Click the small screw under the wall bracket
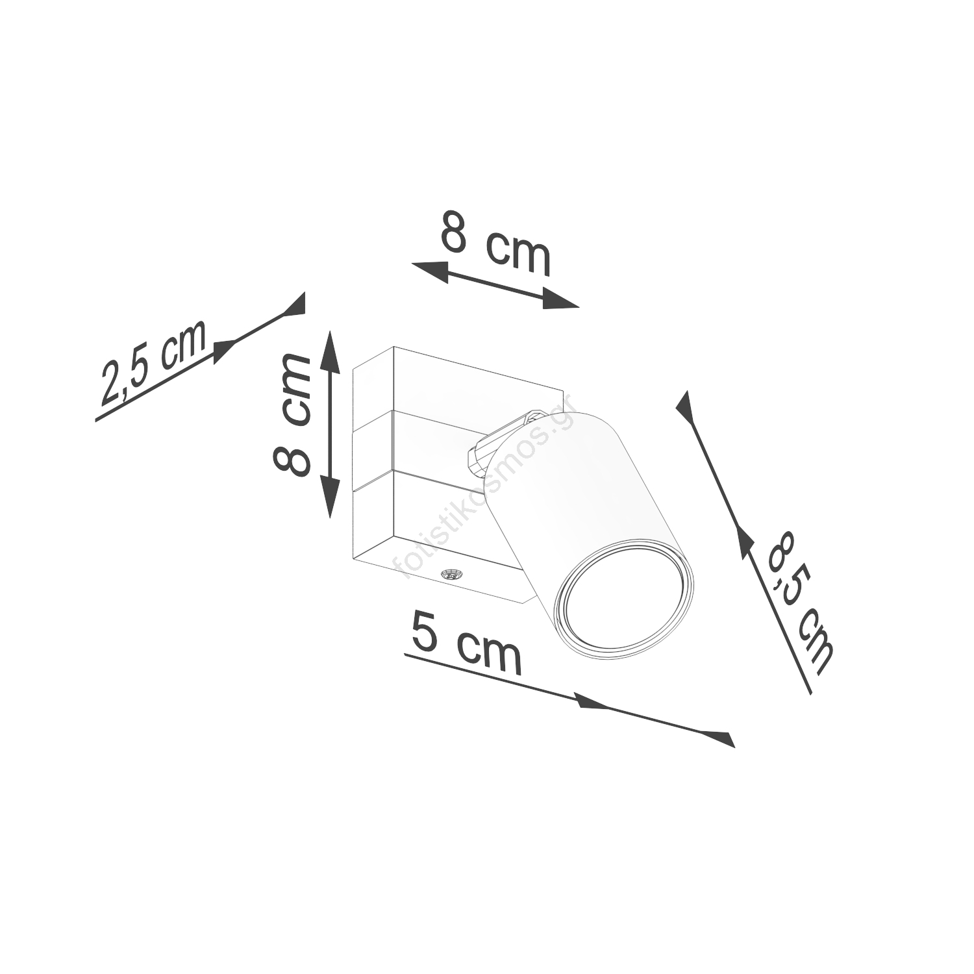[x=448, y=574]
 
